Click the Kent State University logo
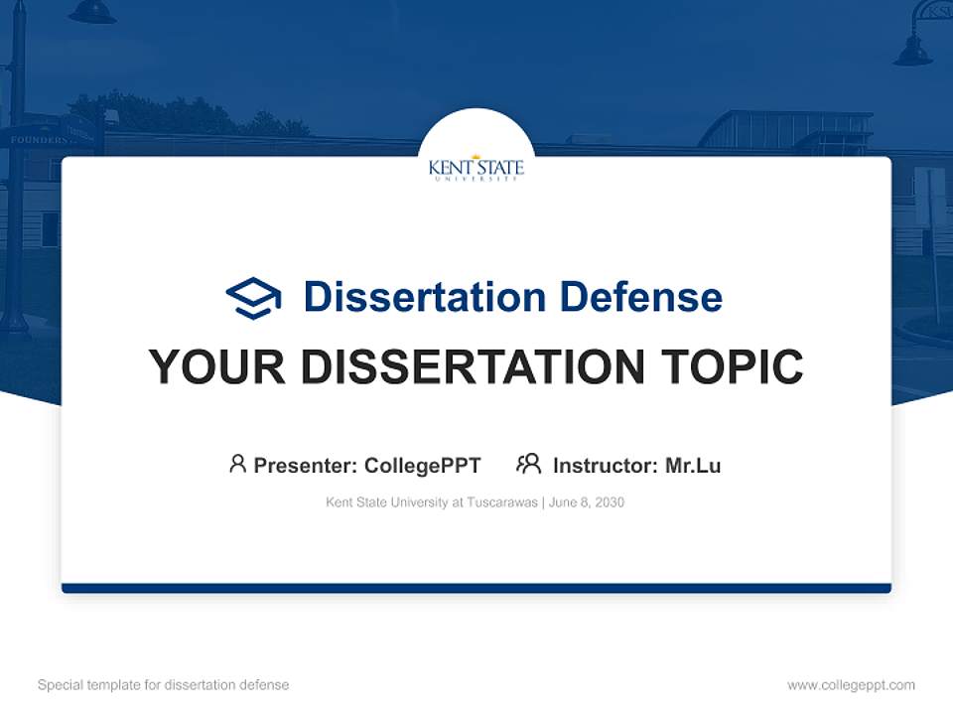(476, 167)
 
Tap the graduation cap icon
(253, 298)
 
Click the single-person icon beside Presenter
(237, 464)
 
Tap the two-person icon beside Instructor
(529, 464)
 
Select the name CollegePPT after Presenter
(422, 465)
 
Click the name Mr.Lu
(693, 465)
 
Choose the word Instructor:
(605, 465)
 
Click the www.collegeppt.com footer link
(851, 685)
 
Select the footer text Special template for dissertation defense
(163, 685)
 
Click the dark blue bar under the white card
(476, 588)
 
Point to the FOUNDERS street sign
(40, 140)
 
